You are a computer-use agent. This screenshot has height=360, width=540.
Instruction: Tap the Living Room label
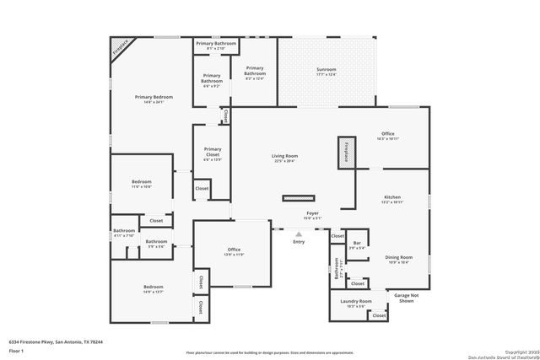[284, 156]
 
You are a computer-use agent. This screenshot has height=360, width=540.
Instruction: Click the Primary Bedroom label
[154, 97]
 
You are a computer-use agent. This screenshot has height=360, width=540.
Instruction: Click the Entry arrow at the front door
[298, 234]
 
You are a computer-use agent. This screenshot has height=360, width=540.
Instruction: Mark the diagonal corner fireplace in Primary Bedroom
[121, 48]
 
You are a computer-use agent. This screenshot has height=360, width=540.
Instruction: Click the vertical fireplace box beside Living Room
[347, 153]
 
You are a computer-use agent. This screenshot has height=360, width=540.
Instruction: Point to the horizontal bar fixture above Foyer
[297, 197]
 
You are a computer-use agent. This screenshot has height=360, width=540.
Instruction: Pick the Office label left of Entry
[234, 250]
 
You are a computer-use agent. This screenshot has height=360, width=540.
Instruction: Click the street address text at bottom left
[57, 341]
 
